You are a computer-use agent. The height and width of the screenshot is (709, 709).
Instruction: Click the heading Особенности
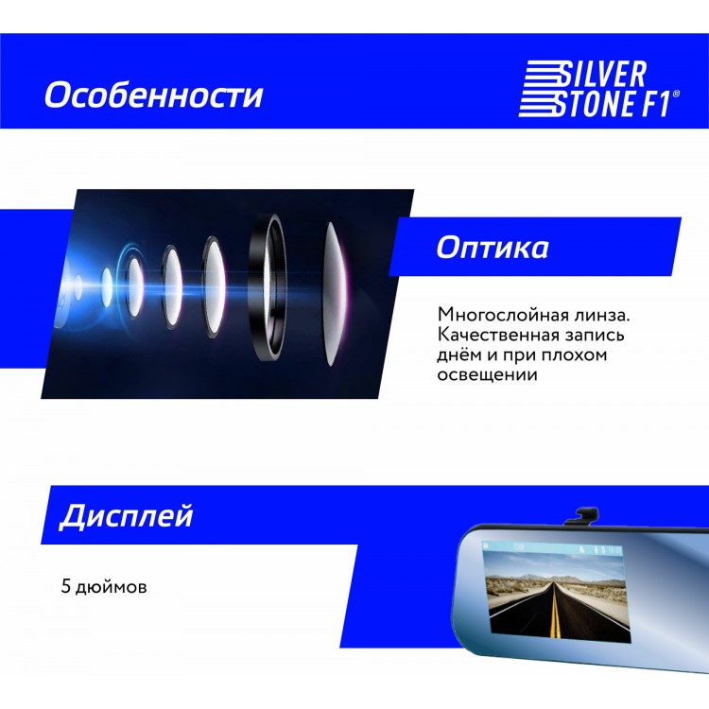(154, 95)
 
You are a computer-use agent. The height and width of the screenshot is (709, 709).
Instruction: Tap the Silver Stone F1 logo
(598, 89)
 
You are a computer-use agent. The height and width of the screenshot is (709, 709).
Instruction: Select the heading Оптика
(493, 247)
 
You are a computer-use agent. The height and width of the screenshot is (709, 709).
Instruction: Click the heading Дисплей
(126, 516)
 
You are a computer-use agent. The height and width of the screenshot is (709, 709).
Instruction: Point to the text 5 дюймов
(104, 587)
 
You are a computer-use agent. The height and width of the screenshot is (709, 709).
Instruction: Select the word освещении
(487, 375)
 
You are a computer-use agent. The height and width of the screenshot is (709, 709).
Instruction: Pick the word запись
(596, 335)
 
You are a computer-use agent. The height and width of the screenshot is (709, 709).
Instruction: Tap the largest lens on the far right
(335, 293)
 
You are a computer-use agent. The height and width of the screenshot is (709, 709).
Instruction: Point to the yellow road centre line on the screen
(555, 612)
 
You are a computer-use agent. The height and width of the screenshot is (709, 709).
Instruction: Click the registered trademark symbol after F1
(676, 94)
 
